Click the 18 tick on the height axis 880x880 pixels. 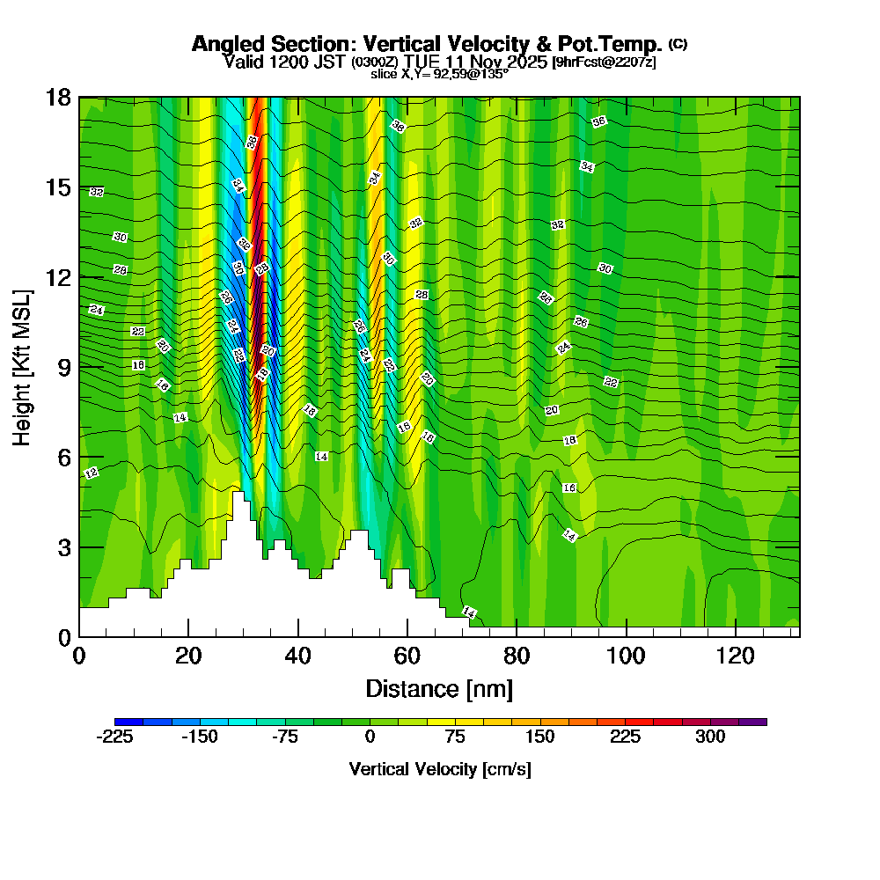pos(58,97)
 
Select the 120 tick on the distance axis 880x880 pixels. pos(735,656)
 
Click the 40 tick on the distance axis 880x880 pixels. pos(298,656)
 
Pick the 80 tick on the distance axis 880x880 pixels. pos(517,656)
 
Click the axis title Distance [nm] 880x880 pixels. pos(439,687)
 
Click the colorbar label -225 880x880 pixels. pos(114,737)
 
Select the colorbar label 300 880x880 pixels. pos(710,737)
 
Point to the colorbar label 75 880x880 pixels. pos(455,737)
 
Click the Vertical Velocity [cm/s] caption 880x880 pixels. pos(439,769)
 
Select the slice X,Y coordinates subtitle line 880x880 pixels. pos(439,75)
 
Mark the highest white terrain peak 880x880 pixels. pos(238,495)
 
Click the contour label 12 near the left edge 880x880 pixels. pos(91,473)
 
